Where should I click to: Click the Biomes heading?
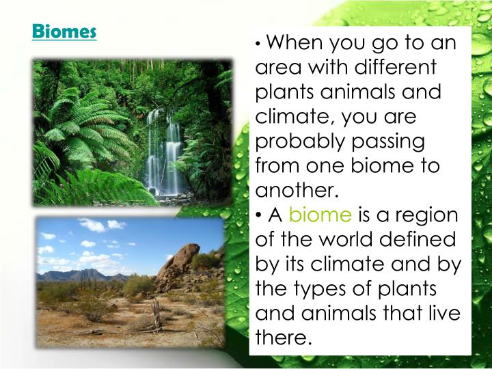(x=64, y=31)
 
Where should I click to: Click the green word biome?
(x=320, y=215)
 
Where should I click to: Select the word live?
(x=446, y=314)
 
